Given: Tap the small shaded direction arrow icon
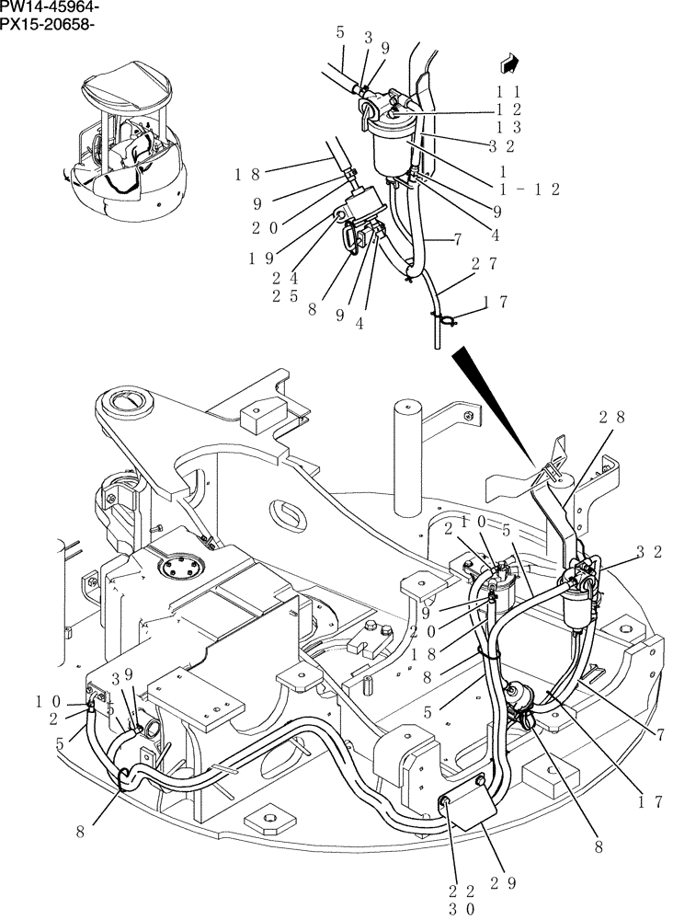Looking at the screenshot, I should point(507,63).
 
